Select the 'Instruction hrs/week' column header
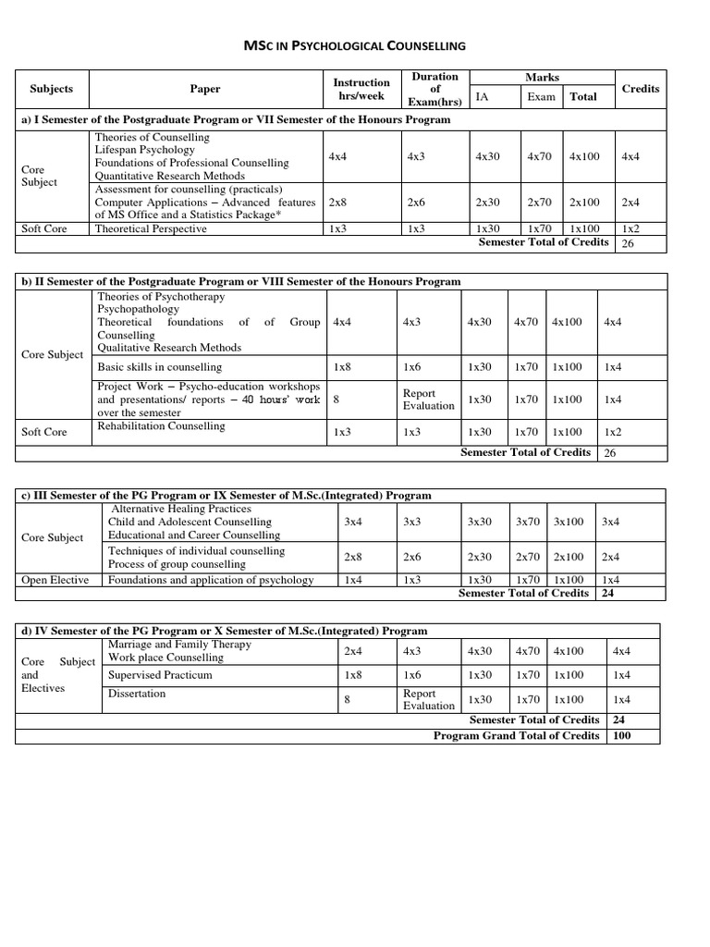coord(361,89)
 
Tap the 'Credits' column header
coord(641,89)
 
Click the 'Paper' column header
coord(205,89)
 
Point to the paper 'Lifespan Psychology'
coord(144,150)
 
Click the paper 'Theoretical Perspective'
coord(151,228)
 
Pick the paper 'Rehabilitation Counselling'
coord(161,426)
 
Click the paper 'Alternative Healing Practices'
coord(180,509)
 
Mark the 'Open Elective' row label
coord(55,580)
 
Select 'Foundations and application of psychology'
coord(211,580)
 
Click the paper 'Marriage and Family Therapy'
coord(179,645)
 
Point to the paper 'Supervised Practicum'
coord(160,675)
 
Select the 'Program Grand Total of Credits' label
coord(517,736)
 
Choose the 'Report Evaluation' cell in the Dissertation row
coord(429,699)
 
